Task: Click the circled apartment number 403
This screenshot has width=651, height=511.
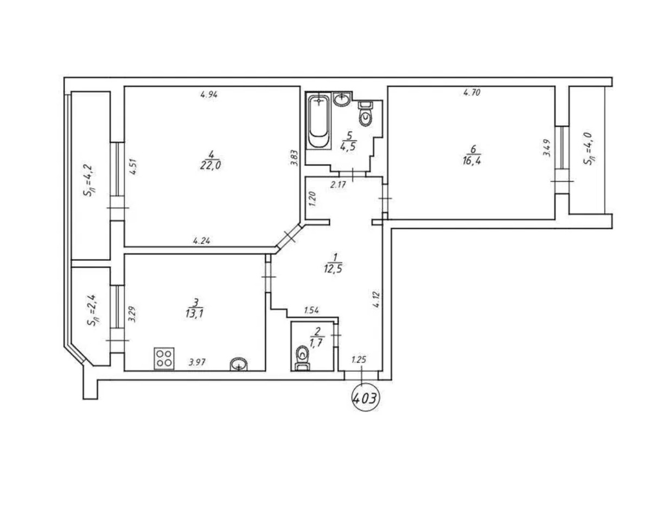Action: tap(365, 399)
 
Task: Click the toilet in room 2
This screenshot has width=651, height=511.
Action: tap(303, 358)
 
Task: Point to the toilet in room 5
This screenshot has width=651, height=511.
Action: tap(366, 114)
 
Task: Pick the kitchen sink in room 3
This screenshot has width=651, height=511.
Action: tap(239, 365)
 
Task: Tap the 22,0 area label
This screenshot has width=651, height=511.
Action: tap(210, 166)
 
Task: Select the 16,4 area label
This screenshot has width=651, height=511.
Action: tap(471, 161)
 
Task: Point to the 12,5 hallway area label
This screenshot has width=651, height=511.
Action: tap(333, 268)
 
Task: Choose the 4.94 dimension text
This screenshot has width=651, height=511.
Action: tap(209, 95)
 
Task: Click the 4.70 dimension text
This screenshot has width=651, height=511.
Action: tap(472, 93)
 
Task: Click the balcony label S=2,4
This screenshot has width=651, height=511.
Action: tap(92, 310)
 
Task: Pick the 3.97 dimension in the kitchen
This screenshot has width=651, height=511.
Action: tap(197, 363)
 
